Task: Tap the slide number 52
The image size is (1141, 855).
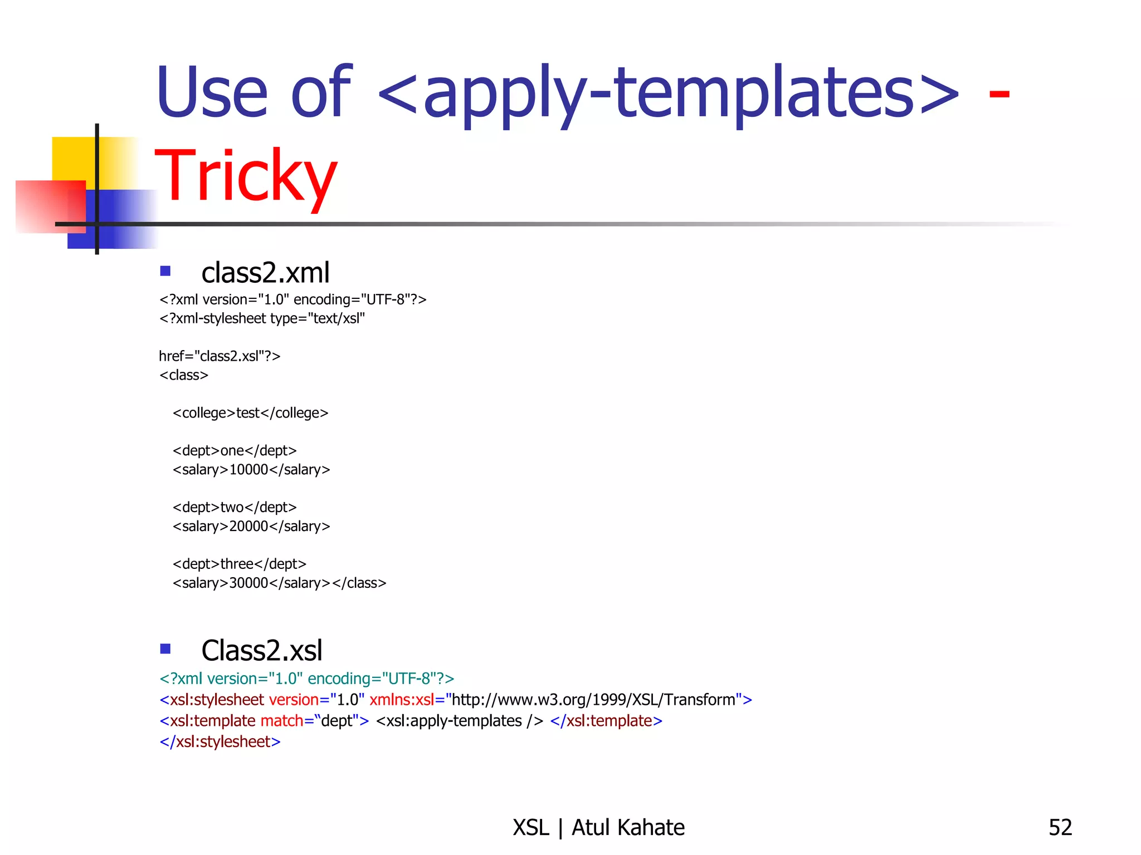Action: (1060, 828)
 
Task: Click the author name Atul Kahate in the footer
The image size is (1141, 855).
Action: (628, 828)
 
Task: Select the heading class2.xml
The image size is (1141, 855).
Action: (265, 273)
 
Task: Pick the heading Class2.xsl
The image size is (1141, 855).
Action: (261, 650)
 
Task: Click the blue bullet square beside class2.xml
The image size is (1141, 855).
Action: (165, 271)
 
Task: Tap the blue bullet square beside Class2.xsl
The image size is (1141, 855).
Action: (165, 648)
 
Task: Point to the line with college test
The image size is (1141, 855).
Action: (250, 413)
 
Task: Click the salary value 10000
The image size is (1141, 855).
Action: (249, 470)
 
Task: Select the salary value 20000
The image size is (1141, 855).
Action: (249, 527)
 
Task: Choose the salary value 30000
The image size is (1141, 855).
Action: (249, 583)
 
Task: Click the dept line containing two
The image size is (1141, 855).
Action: (235, 508)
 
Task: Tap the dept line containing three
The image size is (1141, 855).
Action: (240, 564)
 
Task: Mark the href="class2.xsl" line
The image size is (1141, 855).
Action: (220, 356)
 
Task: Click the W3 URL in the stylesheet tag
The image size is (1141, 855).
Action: (593, 700)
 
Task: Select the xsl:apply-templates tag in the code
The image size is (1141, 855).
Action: (459, 721)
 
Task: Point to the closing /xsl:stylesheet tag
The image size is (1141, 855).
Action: (220, 742)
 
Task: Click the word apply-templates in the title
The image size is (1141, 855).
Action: (669, 92)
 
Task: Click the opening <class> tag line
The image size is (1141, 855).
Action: (184, 375)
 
